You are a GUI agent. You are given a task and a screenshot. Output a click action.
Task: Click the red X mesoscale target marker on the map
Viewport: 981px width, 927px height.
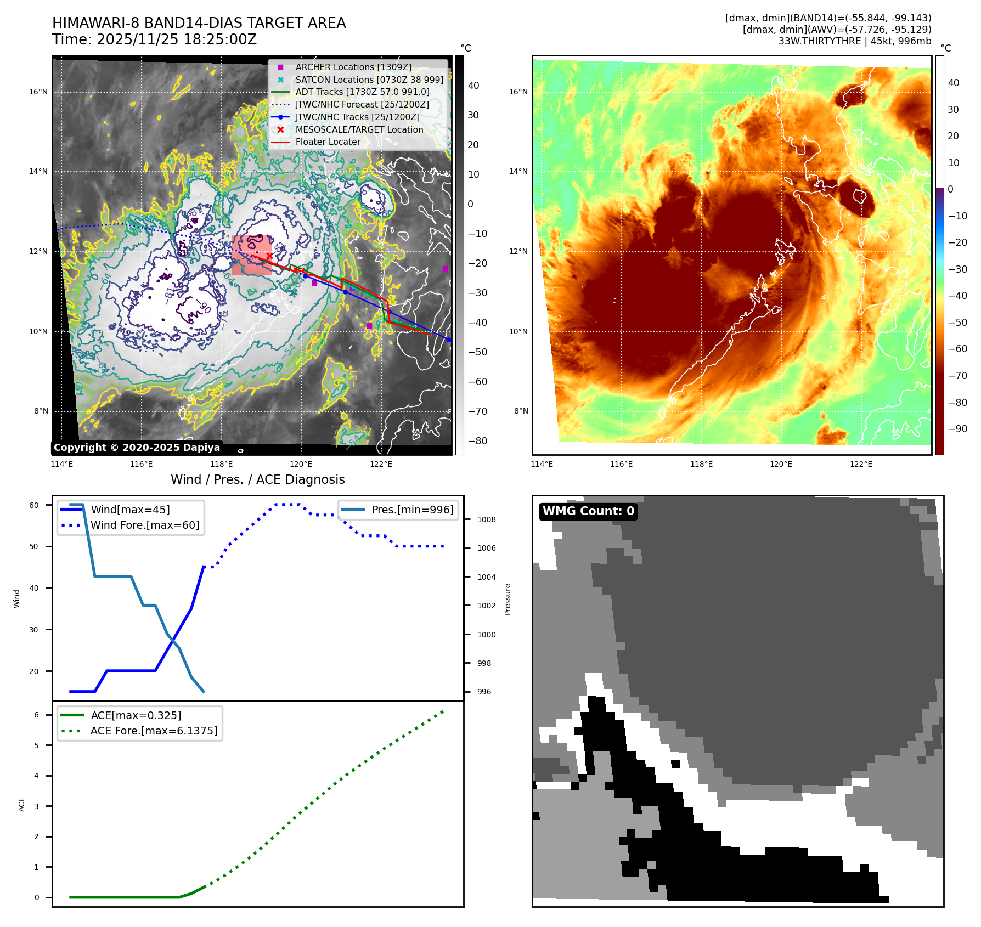269,256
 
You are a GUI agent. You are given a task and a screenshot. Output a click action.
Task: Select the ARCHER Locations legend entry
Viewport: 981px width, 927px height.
353,67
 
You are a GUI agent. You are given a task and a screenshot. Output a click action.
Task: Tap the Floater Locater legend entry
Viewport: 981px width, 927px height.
328,142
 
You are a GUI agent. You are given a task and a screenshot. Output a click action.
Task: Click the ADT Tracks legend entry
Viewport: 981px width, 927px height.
362,92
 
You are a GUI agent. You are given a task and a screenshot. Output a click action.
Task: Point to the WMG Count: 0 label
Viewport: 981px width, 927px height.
588,511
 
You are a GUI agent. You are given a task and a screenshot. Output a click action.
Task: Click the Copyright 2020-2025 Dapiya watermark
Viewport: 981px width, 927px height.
137,448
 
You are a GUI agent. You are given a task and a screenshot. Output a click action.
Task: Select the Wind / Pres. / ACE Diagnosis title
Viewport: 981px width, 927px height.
257,479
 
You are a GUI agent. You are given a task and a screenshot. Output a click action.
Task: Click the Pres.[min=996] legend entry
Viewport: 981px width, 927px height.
412,510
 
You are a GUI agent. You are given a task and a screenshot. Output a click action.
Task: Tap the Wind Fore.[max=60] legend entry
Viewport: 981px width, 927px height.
145,525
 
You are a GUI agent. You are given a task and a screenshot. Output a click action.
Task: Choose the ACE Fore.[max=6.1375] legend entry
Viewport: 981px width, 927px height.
154,731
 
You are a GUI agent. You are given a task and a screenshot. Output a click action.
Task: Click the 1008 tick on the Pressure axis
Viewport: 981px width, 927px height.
486,519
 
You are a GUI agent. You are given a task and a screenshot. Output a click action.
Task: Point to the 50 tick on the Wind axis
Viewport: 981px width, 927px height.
34,546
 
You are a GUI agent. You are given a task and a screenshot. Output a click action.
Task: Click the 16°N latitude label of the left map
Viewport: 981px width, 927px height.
38,92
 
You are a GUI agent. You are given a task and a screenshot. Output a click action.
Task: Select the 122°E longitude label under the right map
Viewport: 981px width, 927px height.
861,464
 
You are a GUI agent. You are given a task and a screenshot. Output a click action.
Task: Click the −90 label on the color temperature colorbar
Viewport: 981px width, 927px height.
958,428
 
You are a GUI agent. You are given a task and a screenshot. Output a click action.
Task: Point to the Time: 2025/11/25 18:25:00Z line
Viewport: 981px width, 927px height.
154,39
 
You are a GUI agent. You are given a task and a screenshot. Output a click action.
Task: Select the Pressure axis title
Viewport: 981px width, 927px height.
508,599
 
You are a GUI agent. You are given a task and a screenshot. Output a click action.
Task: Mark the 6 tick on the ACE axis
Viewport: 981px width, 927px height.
36,715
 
